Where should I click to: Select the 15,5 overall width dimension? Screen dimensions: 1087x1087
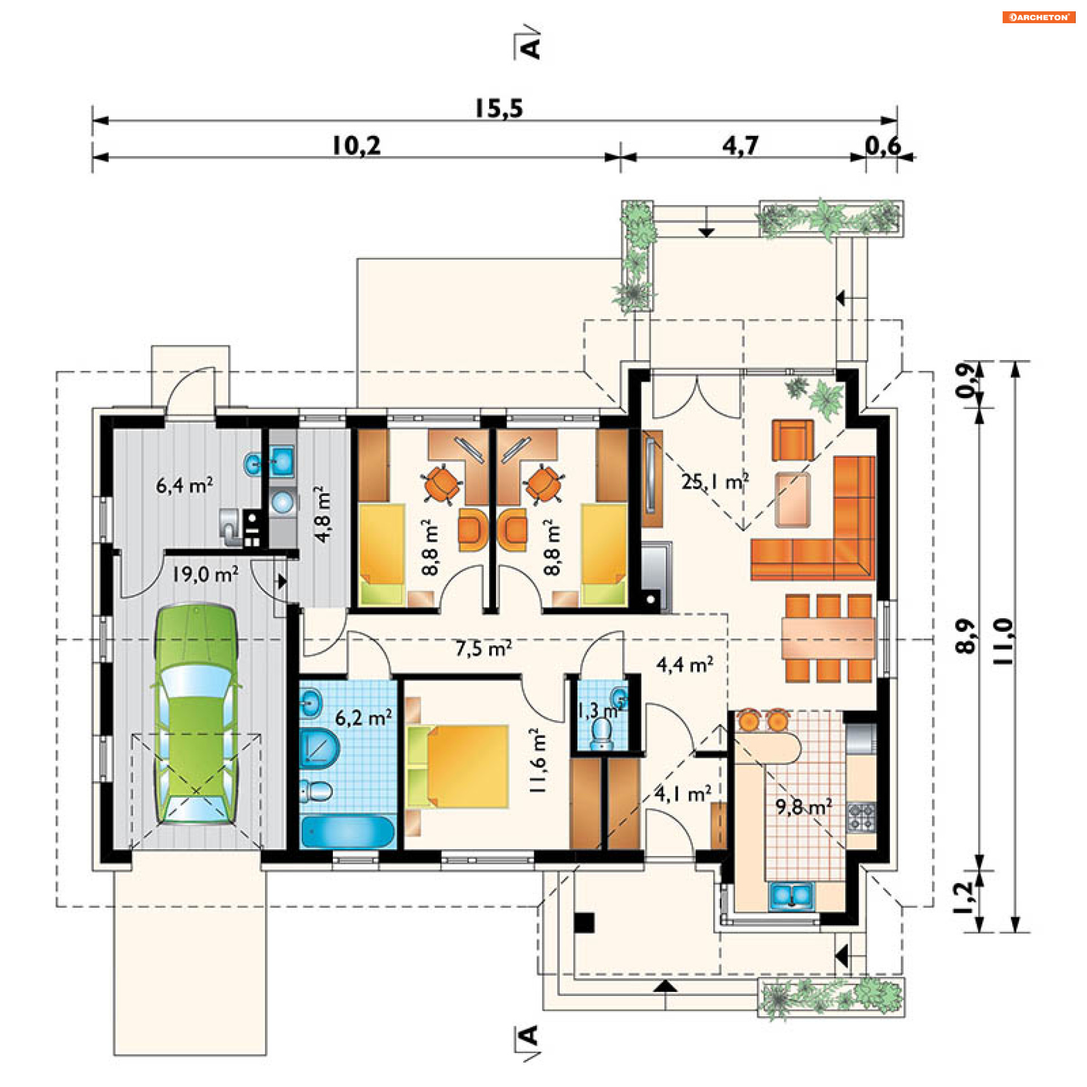pos(498,108)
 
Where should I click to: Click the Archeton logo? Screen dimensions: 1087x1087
pos(1039,17)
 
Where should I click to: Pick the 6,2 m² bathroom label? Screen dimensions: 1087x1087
pos(363,718)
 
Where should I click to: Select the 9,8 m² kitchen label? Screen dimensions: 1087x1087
pos(803,807)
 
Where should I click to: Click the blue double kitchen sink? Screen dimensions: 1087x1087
pos(791,896)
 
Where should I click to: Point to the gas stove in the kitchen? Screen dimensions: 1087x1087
pos(861,817)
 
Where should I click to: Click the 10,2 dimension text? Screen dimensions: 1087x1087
pos(356,146)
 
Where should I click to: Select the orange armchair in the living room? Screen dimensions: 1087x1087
pos(793,440)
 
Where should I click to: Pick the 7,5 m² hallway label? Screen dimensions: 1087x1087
pos(483,648)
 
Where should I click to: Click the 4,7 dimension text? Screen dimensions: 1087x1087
pos(739,146)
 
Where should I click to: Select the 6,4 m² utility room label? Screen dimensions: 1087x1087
pos(185,485)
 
